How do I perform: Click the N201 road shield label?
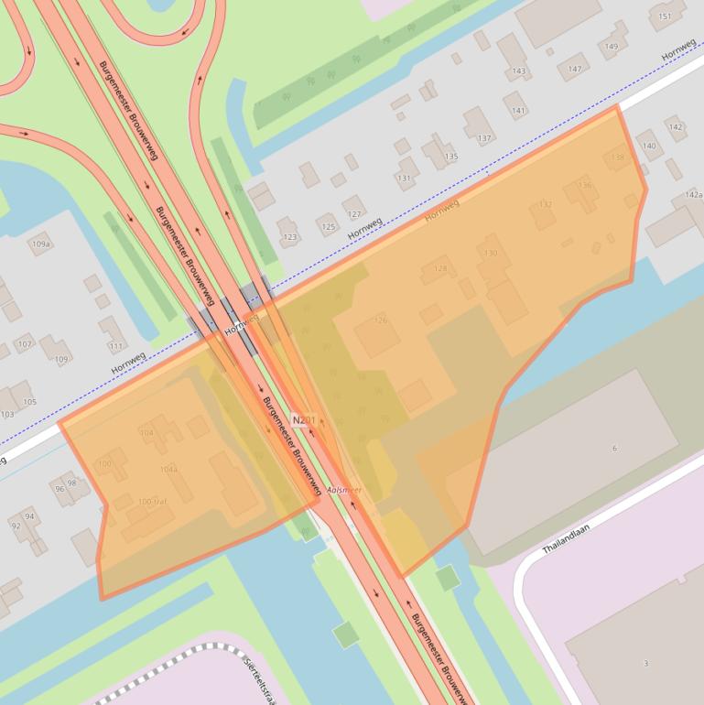pyautogui.click(x=304, y=419)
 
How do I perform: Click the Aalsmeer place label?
pyautogui.click(x=344, y=491)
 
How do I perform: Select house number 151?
pyautogui.click(x=666, y=16)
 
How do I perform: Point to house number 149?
pyautogui.click(x=612, y=48)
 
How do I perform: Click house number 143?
pyautogui.click(x=519, y=70)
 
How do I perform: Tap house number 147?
pyautogui.click(x=575, y=69)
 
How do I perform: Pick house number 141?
pyautogui.click(x=519, y=111)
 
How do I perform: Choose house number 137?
pyautogui.click(x=484, y=138)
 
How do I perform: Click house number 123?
pyautogui.click(x=290, y=237)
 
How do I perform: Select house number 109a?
pyautogui.click(x=40, y=244)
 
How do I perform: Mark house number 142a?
pyautogui.click(x=693, y=195)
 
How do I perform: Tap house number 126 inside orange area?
pyautogui.click(x=381, y=320)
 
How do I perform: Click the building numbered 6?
pyautogui.click(x=614, y=448)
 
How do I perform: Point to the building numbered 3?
pyautogui.click(x=645, y=663)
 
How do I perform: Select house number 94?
pyautogui.click(x=29, y=516)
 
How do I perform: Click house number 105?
pyautogui.click(x=29, y=402)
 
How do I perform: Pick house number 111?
pyautogui.click(x=115, y=346)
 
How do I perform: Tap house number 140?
pyautogui.click(x=649, y=146)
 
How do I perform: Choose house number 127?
pyautogui.click(x=354, y=214)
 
